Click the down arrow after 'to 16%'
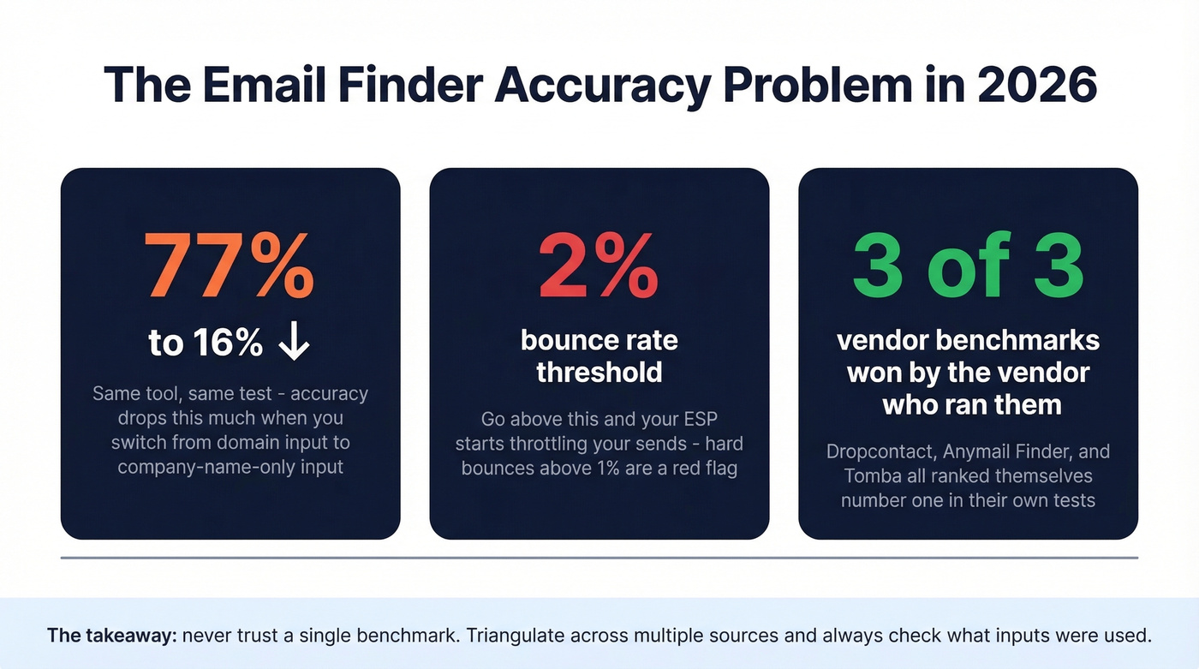(x=294, y=343)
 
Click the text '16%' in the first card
(x=227, y=343)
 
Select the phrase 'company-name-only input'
(x=230, y=467)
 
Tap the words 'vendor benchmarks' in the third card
(x=968, y=340)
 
